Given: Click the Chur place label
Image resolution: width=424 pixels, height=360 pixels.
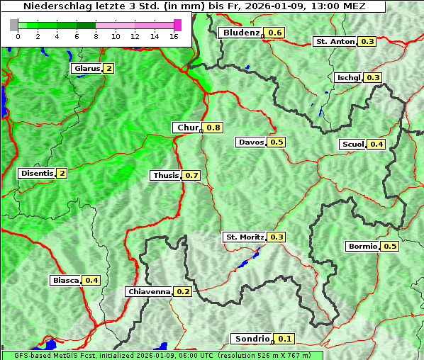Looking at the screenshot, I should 187,128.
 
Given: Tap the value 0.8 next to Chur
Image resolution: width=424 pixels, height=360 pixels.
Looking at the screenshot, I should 213,128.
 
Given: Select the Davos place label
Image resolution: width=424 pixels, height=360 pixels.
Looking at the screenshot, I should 251,142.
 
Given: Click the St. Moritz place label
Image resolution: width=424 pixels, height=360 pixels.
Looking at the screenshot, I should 244,237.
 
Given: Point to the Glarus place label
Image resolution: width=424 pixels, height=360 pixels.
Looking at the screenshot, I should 86,69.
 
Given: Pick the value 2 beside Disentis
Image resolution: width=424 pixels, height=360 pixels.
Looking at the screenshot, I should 62,174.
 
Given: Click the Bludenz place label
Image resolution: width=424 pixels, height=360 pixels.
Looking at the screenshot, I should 240,33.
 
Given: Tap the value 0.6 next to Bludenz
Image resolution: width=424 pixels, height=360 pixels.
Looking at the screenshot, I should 275,33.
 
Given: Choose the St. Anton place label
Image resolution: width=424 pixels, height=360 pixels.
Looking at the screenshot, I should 335,42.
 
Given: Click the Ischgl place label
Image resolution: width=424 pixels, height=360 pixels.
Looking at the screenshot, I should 348,77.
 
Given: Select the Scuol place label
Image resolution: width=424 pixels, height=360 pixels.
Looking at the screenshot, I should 352,145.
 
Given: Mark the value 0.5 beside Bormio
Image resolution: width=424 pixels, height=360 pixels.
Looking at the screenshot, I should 390,247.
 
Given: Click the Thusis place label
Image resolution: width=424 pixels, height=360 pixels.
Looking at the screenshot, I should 165,175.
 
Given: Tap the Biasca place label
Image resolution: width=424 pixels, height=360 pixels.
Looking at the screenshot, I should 65,281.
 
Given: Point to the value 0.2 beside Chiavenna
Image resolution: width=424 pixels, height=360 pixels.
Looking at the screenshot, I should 183,291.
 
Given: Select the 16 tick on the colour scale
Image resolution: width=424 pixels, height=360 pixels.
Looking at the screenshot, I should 174,35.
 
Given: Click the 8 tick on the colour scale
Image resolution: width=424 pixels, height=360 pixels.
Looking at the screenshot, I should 96,35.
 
